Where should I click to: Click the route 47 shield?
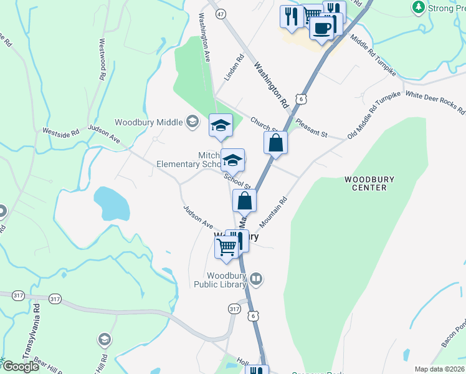point(221,12)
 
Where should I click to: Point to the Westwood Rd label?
point(102,60)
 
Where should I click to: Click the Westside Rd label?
point(61,132)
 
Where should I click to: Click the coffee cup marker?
point(321,29)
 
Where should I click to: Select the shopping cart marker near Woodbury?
point(226,247)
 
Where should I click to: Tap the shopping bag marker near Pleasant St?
point(275,143)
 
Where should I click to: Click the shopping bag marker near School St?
point(245,201)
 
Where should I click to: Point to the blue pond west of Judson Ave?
point(111,203)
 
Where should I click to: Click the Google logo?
point(20,367)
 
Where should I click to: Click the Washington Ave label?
point(204,38)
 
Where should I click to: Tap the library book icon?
point(257,277)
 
